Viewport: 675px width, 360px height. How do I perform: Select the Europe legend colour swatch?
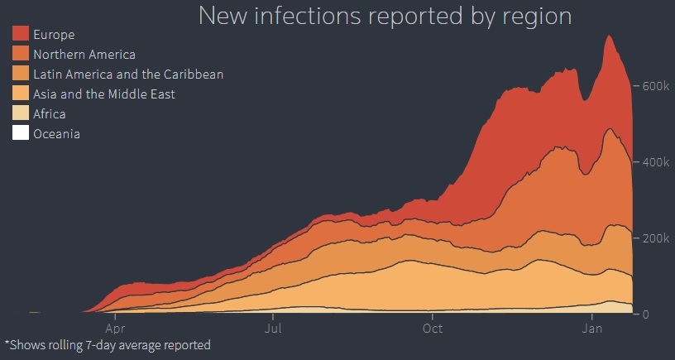pos(22,34)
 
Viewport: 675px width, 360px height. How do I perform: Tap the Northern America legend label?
pos(84,55)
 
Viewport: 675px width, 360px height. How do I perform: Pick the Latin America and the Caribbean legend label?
pos(128,74)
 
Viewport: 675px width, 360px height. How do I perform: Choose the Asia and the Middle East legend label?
pos(104,94)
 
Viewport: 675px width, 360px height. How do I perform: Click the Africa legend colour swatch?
pos(22,113)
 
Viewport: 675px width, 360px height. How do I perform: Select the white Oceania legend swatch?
pos(22,133)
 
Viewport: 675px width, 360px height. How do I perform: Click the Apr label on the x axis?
pos(115,328)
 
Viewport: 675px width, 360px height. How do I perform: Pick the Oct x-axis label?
pos(432,328)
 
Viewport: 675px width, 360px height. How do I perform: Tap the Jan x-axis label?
pos(592,328)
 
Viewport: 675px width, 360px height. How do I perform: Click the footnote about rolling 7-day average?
pos(108,345)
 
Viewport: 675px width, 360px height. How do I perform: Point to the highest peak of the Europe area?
pos(609,36)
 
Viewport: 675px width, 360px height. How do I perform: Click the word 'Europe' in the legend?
pos(54,35)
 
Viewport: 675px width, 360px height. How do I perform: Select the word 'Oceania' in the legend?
pos(56,134)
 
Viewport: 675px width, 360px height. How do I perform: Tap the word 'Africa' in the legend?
pos(50,114)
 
